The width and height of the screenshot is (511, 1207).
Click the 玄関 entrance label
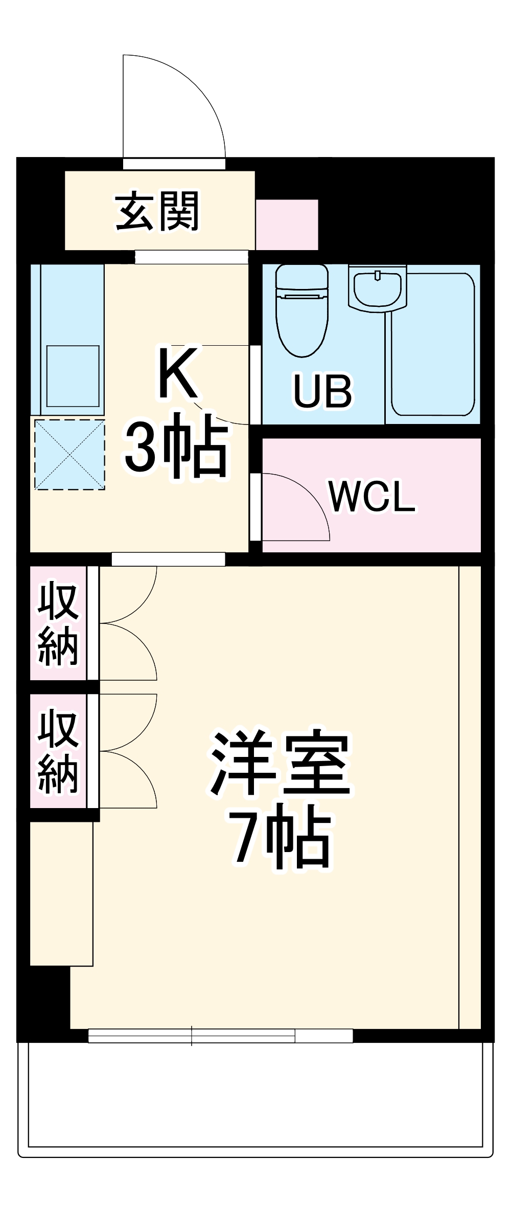(157, 211)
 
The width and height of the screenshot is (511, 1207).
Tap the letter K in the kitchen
(178, 373)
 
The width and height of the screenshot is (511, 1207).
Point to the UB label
(322, 391)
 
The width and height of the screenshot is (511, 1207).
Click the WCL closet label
(372, 496)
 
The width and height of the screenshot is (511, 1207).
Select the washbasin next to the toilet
(378, 288)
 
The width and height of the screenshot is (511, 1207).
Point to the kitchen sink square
(73, 375)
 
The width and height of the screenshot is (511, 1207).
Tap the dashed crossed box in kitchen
(69, 454)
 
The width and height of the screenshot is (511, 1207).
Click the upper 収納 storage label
(58, 623)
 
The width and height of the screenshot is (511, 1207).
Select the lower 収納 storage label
(58, 750)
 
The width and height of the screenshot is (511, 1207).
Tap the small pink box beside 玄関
(287, 225)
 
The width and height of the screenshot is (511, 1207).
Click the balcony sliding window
(220, 1036)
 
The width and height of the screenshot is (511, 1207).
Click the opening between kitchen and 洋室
(168, 559)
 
